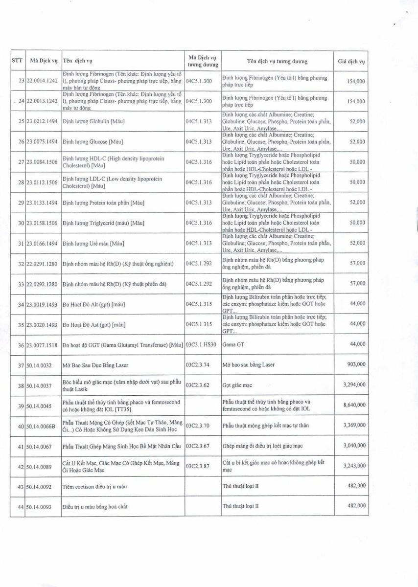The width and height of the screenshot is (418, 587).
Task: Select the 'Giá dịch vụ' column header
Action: point(351,62)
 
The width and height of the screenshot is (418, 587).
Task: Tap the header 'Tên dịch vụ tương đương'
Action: point(277,62)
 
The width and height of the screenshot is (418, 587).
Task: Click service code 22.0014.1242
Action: point(42,81)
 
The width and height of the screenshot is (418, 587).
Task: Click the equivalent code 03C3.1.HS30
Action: point(203,344)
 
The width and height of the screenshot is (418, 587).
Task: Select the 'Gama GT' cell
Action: point(232,344)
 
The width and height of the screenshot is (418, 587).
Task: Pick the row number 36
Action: point(21,345)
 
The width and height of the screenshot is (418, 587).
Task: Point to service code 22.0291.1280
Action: point(42,264)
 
